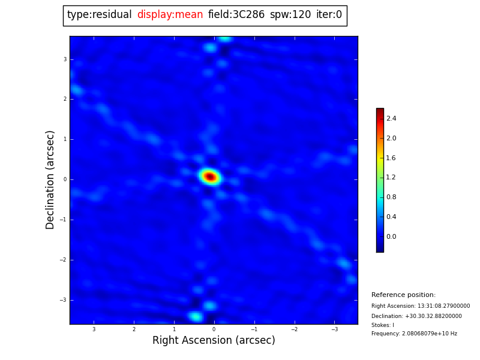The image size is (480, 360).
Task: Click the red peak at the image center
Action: point(210,176)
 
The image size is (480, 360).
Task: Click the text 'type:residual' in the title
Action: point(99,15)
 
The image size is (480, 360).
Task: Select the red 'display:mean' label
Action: point(170,15)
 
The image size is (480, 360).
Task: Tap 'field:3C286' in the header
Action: point(236,15)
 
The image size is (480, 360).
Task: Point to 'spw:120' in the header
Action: point(290,15)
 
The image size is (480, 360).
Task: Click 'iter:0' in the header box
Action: point(329,15)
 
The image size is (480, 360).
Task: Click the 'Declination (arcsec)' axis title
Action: point(50,179)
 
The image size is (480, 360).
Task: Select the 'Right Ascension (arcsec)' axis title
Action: point(214,341)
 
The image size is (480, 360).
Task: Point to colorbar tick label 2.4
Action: point(391,119)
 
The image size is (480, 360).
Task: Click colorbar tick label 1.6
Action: point(391,158)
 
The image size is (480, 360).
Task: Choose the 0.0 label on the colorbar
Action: point(391,236)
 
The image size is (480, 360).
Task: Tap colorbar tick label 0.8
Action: point(391,197)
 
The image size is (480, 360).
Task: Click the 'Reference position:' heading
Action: point(403,295)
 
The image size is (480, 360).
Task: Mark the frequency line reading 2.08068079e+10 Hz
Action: point(414,334)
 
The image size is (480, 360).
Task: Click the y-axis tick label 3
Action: point(65,59)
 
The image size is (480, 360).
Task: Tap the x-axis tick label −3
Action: point(334,329)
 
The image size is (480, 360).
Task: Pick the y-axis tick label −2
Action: point(64,260)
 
